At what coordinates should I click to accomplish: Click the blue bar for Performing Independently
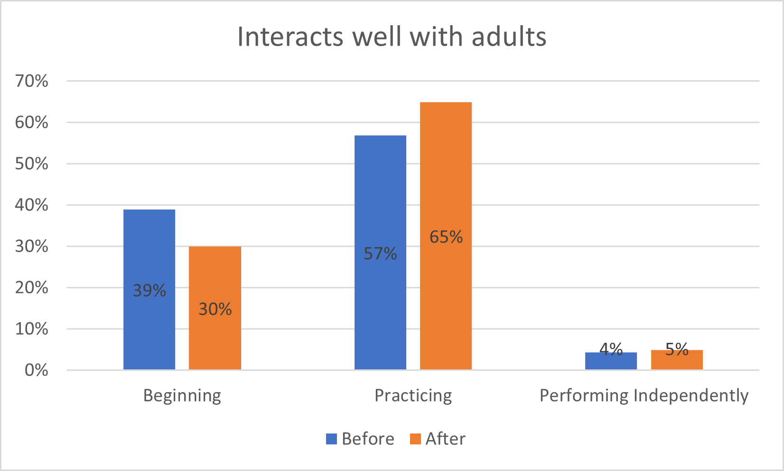tap(611, 362)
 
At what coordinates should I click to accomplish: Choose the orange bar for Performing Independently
tap(677, 361)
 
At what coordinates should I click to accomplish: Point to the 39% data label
tap(149, 290)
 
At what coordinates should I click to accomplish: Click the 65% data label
tap(446, 237)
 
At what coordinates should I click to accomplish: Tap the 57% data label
tap(380, 254)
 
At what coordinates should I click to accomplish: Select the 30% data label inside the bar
tap(215, 309)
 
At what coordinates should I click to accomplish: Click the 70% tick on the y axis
tap(32, 81)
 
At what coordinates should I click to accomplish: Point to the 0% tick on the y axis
tap(36, 370)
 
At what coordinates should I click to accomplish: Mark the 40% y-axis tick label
tap(32, 205)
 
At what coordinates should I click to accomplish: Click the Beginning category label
tap(182, 396)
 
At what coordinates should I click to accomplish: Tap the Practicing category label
tap(413, 396)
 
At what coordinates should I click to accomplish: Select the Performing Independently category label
tap(644, 396)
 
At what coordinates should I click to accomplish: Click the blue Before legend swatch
tap(331, 439)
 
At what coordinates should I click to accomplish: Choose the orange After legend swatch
tap(415, 439)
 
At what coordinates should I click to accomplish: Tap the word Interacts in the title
tap(289, 37)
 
